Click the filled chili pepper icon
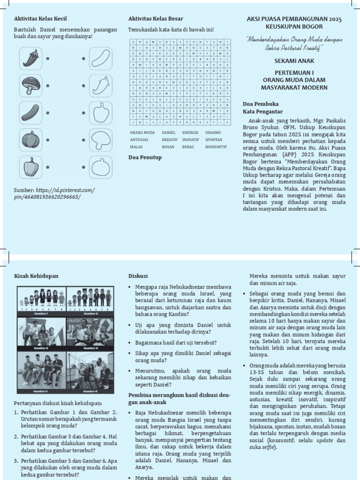(30, 59)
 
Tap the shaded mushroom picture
(30, 85)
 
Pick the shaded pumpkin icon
(30, 140)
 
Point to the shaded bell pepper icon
(30, 166)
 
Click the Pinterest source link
(54, 194)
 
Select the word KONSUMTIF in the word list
(216, 146)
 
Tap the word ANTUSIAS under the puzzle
(139, 140)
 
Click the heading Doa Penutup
(145, 157)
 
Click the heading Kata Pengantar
(262, 112)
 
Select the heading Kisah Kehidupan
(36, 276)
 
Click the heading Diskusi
(138, 276)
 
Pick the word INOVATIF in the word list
(190, 140)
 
